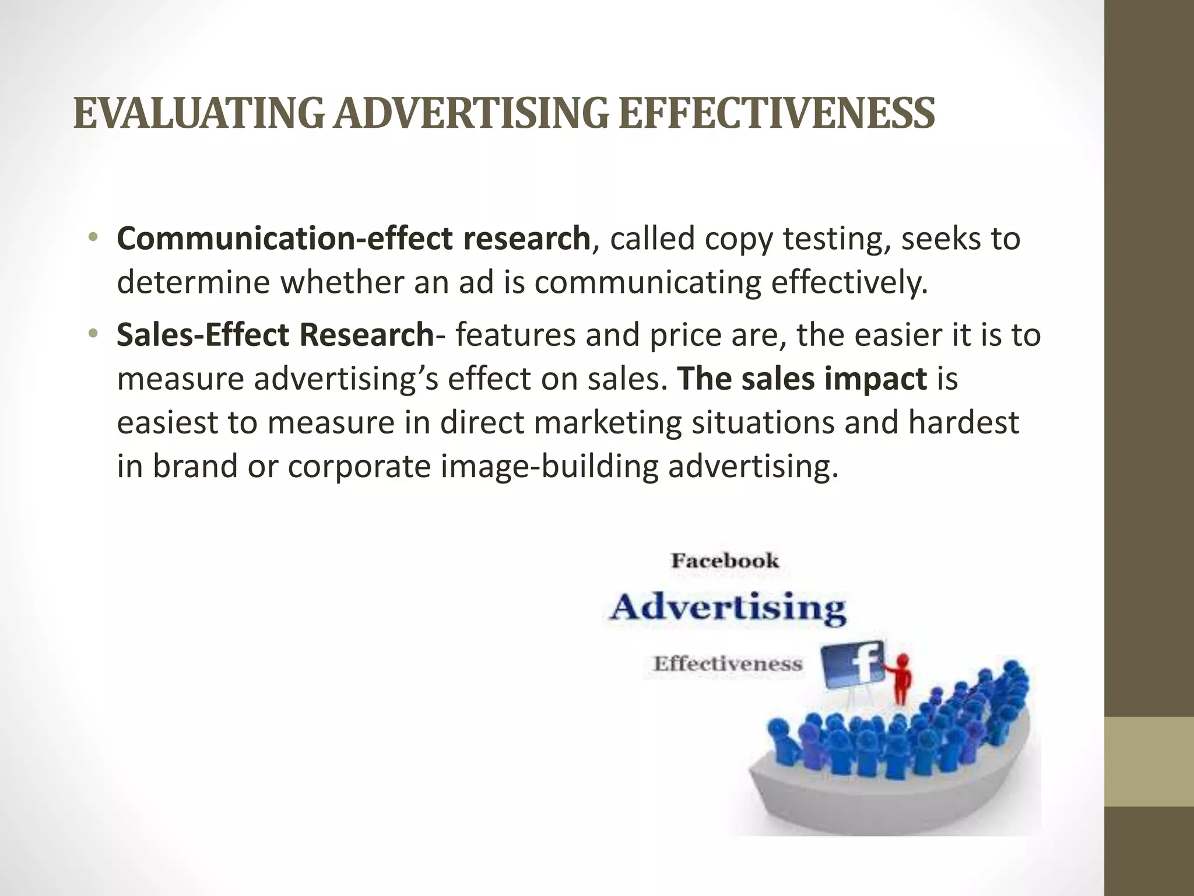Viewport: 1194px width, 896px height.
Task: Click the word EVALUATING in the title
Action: pyautogui.click(x=198, y=114)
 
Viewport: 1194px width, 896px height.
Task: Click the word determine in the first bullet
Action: pyautogui.click(x=192, y=283)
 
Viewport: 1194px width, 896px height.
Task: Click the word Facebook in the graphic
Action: pyautogui.click(x=725, y=561)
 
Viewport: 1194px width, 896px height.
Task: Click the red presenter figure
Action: pyautogui.click(x=901, y=680)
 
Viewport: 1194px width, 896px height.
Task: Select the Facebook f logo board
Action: pyautogui.click(x=855, y=668)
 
